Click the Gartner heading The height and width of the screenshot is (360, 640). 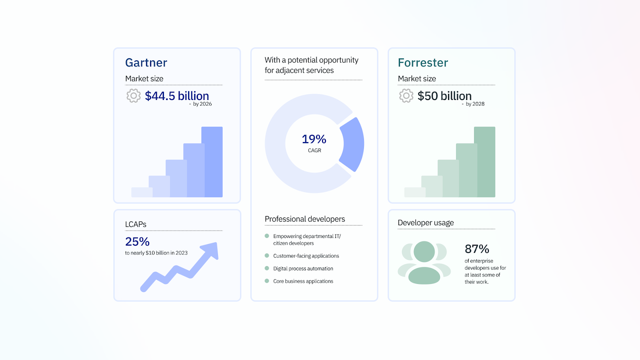[146, 63]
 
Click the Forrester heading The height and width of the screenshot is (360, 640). [423, 63]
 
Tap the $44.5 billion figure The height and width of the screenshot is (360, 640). [177, 96]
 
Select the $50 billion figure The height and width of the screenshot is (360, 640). [444, 96]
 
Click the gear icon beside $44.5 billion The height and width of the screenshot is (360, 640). [134, 96]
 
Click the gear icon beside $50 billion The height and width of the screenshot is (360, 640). [406, 96]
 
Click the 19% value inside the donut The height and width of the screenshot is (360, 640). [314, 139]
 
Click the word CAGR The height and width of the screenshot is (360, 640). [314, 151]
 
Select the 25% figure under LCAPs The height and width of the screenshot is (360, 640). [137, 242]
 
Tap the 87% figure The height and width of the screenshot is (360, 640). [477, 249]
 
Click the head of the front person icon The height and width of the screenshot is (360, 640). [424, 252]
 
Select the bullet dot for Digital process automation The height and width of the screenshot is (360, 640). [267, 268]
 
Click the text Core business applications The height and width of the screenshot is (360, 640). [303, 281]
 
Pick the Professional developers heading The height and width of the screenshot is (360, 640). [305, 219]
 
